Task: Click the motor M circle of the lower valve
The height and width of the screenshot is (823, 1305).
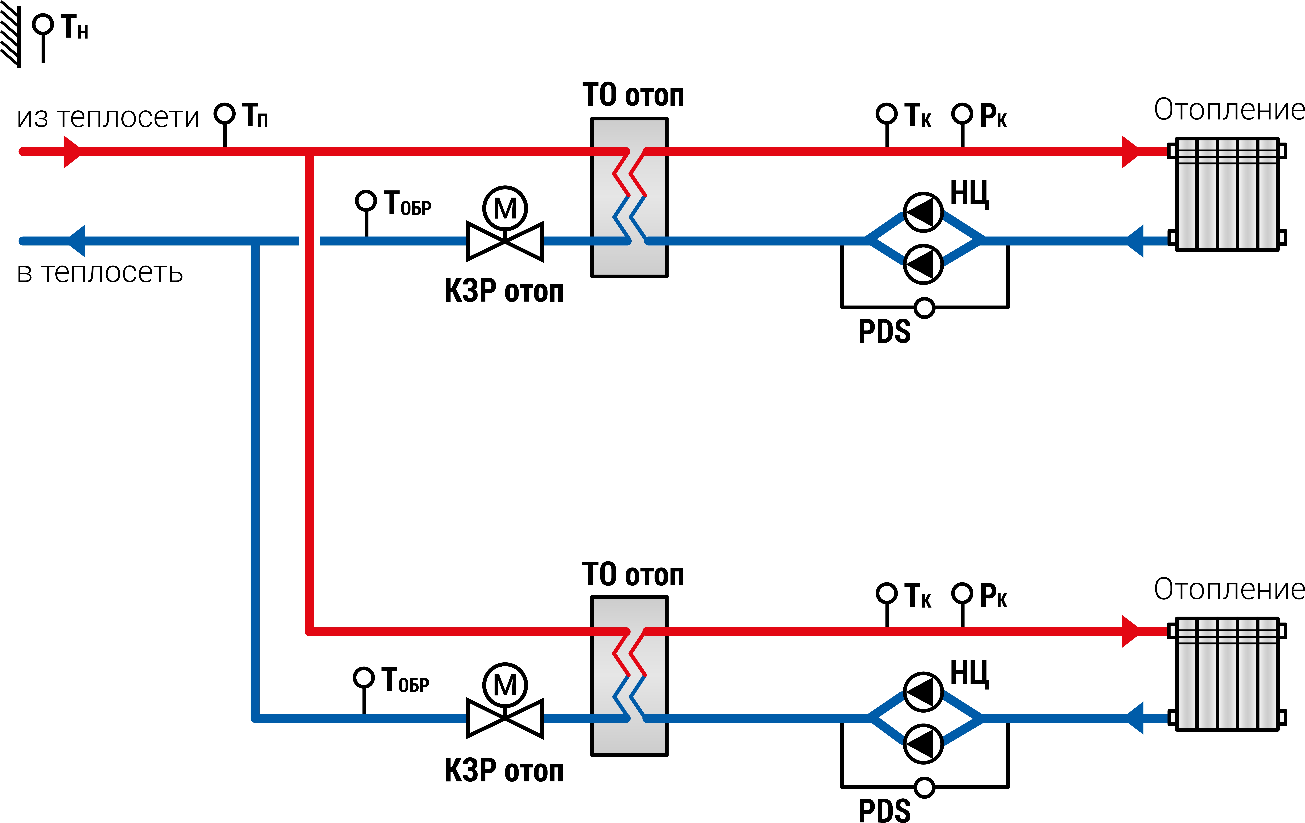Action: (505, 685)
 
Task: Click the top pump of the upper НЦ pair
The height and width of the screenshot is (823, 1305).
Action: (923, 212)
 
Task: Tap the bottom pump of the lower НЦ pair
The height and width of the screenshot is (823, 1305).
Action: (923, 744)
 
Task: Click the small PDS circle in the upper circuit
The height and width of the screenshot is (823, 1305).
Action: (925, 308)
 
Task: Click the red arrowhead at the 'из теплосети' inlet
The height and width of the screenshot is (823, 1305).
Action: (72, 152)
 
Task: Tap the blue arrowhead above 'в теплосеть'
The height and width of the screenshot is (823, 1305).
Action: (77, 241)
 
